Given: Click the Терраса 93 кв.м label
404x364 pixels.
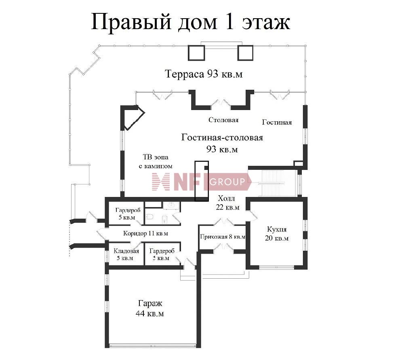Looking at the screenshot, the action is [204, 74].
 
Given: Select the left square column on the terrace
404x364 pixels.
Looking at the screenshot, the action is [196, 53].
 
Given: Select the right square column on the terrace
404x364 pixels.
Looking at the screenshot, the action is [245, 53].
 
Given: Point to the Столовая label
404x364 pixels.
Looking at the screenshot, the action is [223, 120].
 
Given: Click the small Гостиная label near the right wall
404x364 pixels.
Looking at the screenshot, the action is [277, 122].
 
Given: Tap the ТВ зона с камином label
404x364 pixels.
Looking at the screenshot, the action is [156, 161].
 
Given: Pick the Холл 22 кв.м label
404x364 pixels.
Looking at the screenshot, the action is [228, 203].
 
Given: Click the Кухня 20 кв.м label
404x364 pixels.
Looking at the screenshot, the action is [277, 233].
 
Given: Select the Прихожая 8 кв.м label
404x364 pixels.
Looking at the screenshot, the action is [223, 237].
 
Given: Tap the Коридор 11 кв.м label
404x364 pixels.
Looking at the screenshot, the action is [145, 233].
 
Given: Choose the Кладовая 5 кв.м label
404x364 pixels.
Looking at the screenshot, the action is [126, 254].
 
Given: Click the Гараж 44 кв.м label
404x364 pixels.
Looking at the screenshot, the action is [150, 308].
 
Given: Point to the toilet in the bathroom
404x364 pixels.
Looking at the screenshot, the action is [150, 217].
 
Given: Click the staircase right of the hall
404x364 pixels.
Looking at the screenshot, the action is [273, 183].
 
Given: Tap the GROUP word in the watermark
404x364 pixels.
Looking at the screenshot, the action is [227, 182].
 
